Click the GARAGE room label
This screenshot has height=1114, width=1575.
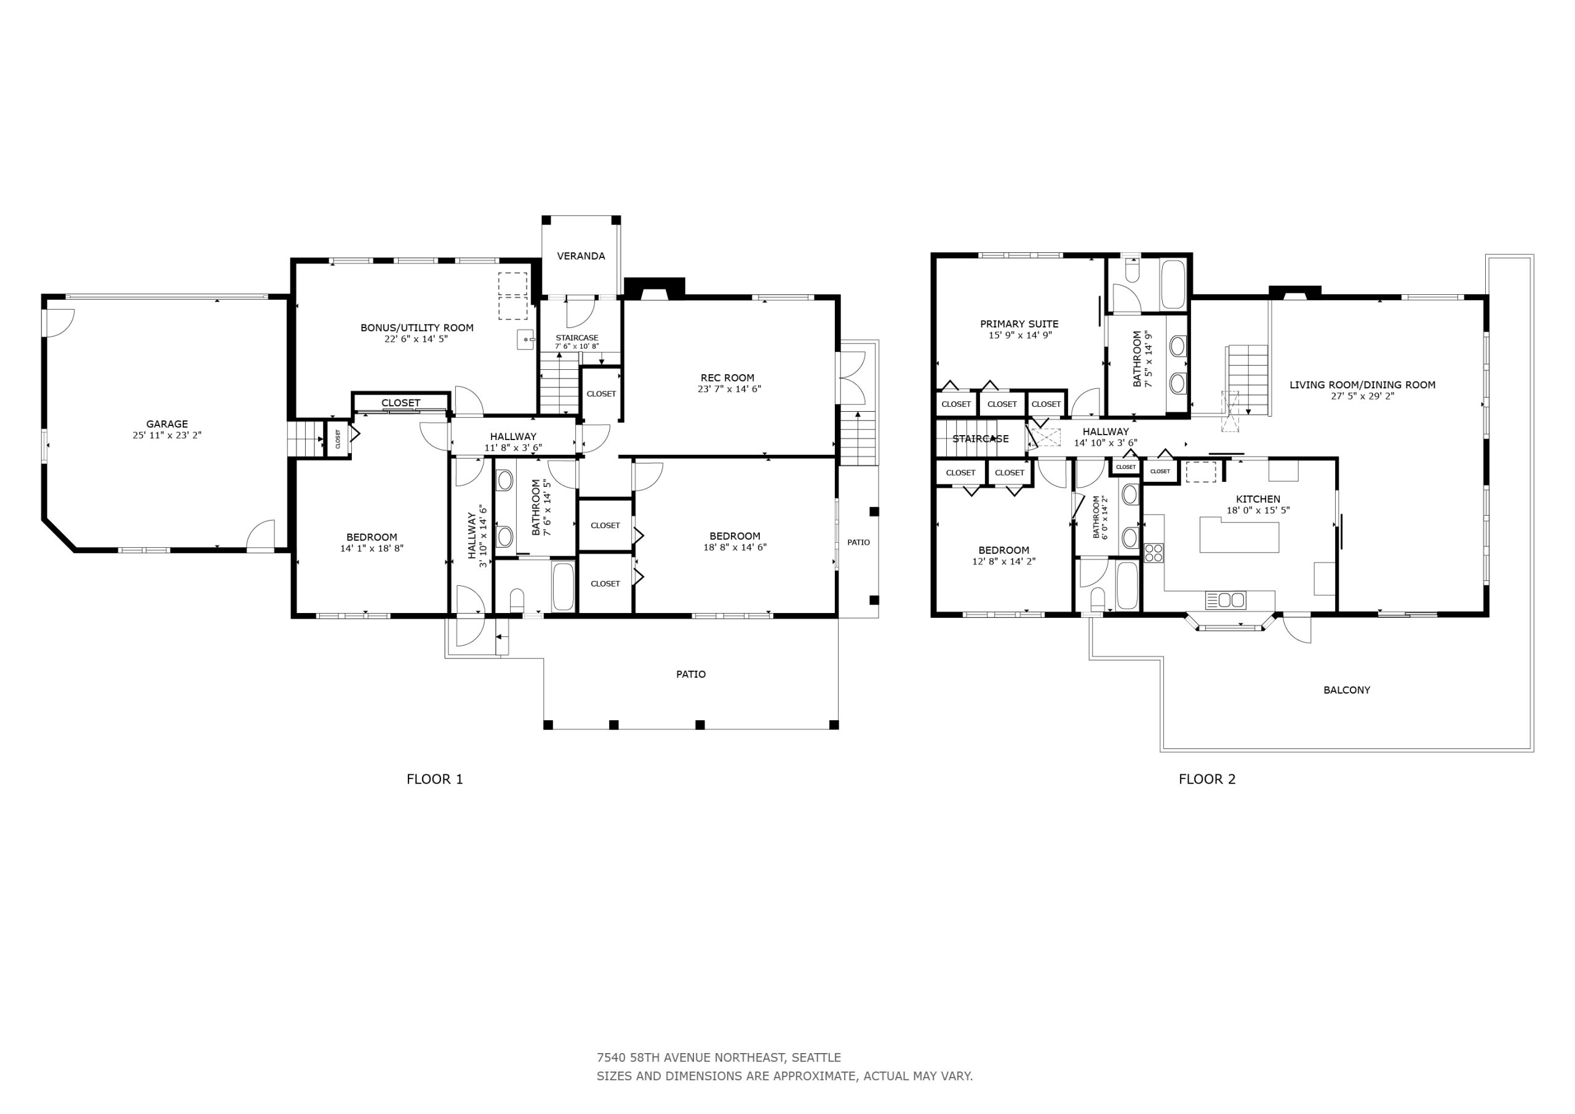167,424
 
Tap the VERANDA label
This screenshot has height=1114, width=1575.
581,256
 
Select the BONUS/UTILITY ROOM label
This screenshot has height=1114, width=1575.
417,327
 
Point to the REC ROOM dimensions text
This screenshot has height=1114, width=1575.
729,389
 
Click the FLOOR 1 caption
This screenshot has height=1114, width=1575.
435,779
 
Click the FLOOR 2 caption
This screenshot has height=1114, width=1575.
1207,779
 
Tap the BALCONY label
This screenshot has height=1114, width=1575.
1347,690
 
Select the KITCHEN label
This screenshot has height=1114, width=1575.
1258,499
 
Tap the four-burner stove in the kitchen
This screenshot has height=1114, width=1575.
1153,553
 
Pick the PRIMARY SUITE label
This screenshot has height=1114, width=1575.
1019,324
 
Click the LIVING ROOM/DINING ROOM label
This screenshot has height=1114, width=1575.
1362,385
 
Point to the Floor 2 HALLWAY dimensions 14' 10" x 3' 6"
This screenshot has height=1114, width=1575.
1106,443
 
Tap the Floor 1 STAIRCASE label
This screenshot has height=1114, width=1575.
577,338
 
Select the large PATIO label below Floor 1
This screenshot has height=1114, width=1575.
691,674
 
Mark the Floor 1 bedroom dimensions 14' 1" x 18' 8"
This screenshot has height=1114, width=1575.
372,548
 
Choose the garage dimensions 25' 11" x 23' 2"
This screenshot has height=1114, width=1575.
167,435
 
